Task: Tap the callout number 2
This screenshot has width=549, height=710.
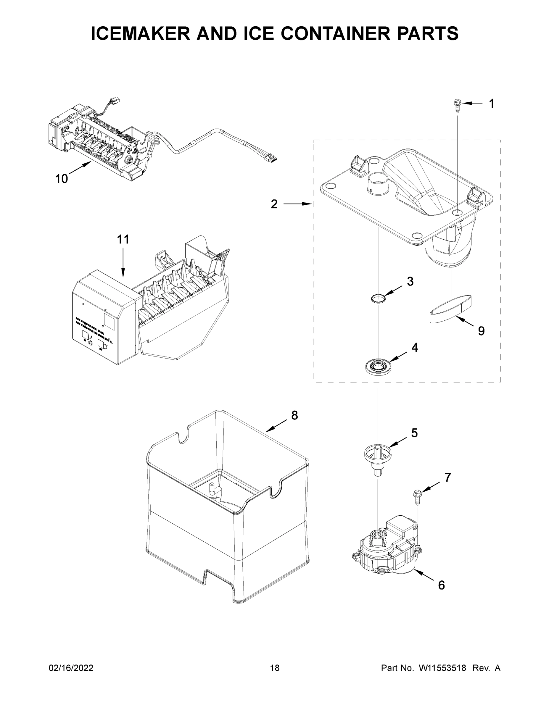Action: pos(274,204)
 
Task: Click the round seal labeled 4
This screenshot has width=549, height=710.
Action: pos(378,367)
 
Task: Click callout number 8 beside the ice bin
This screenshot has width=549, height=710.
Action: pos(294,415)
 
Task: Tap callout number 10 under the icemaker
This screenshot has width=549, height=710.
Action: pos(62,178)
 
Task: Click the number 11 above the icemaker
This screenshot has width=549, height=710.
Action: pos(123,239)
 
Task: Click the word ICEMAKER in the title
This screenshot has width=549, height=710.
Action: pos(140,34)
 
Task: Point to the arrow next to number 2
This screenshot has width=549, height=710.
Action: pos(297,204)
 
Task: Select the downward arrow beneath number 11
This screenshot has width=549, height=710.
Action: pos(123,265)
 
